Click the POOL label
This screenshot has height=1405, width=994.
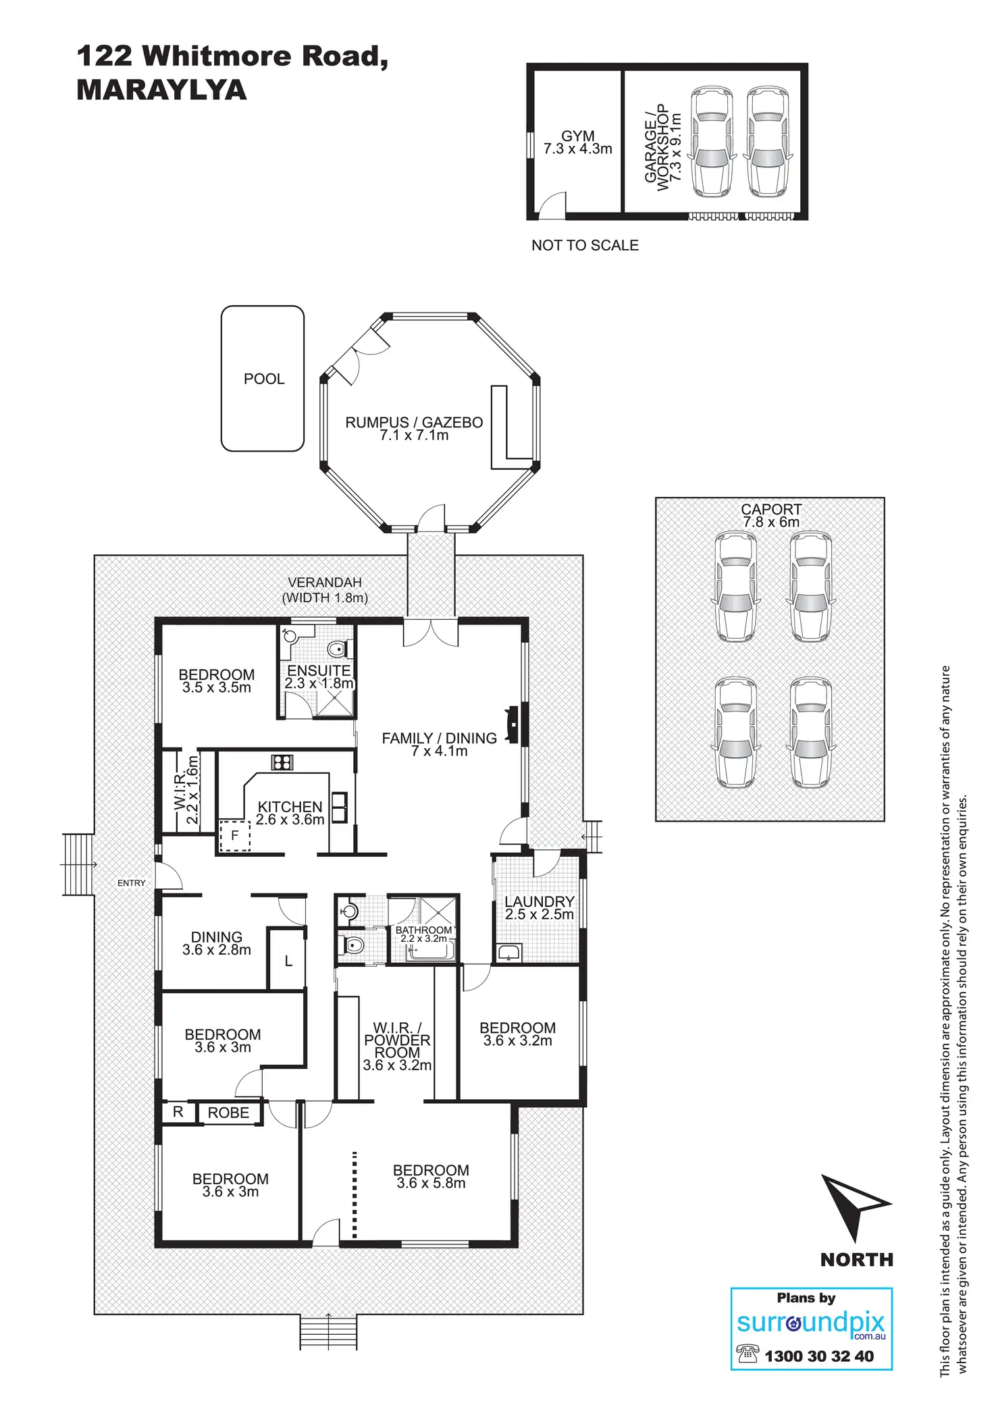[x=264, y=379]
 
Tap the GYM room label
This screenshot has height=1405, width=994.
[x=578, y=136]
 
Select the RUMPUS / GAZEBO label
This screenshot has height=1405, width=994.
[x=414, y=423]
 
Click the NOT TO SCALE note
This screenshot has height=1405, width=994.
[x=585, y=245]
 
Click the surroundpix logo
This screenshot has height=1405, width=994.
[x=810, y=1323]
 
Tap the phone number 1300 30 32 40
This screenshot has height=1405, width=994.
[x=818, y=1356]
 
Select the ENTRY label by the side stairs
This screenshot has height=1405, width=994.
[x=131, y=882]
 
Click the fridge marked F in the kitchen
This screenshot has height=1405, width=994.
[x=235, y=835]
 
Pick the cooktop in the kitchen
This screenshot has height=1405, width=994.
[x=282, y=762]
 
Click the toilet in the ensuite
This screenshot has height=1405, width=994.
[x=336, y=650]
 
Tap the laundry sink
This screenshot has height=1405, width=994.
[x=508, y=952]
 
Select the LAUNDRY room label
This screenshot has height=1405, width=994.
[x=539, y=901]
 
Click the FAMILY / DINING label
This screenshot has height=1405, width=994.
[x=439, y=738]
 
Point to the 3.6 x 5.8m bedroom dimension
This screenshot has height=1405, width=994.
[x=431, y=1182]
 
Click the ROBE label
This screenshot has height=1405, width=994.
[x=228, y=1112]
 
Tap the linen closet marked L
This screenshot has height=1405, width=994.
[x=288, y=961]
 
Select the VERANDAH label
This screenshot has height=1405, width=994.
[x=325, y=582]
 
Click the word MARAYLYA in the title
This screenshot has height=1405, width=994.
[x=161, y=90]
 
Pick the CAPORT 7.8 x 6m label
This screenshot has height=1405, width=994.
[x=771, y=515]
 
